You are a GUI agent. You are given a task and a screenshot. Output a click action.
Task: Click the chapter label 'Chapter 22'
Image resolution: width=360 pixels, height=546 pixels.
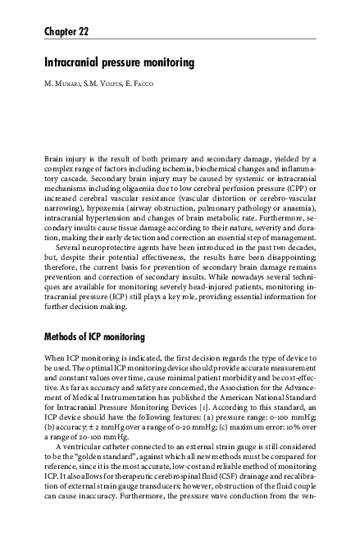(x=66, y=32)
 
